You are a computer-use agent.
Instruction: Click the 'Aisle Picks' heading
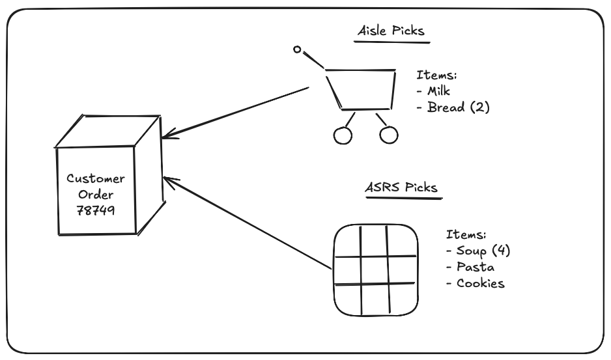tap(391, 31)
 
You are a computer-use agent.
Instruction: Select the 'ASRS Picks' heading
tap(401, 187)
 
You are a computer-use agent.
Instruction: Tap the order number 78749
tap(95, 210)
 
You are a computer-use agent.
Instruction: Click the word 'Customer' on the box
tap(95, 179)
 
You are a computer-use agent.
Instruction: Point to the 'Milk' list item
tap(436, 91)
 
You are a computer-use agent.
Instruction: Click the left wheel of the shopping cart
tap(342, 135)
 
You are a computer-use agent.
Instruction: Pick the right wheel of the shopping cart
tap(388, 135)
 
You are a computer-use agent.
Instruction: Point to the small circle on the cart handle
tap(297, 49)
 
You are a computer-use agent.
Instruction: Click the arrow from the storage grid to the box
tap(248, 223)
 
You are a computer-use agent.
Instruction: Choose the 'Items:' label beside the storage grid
tap(466, 234)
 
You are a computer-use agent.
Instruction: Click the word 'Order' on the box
tap(96, 195)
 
